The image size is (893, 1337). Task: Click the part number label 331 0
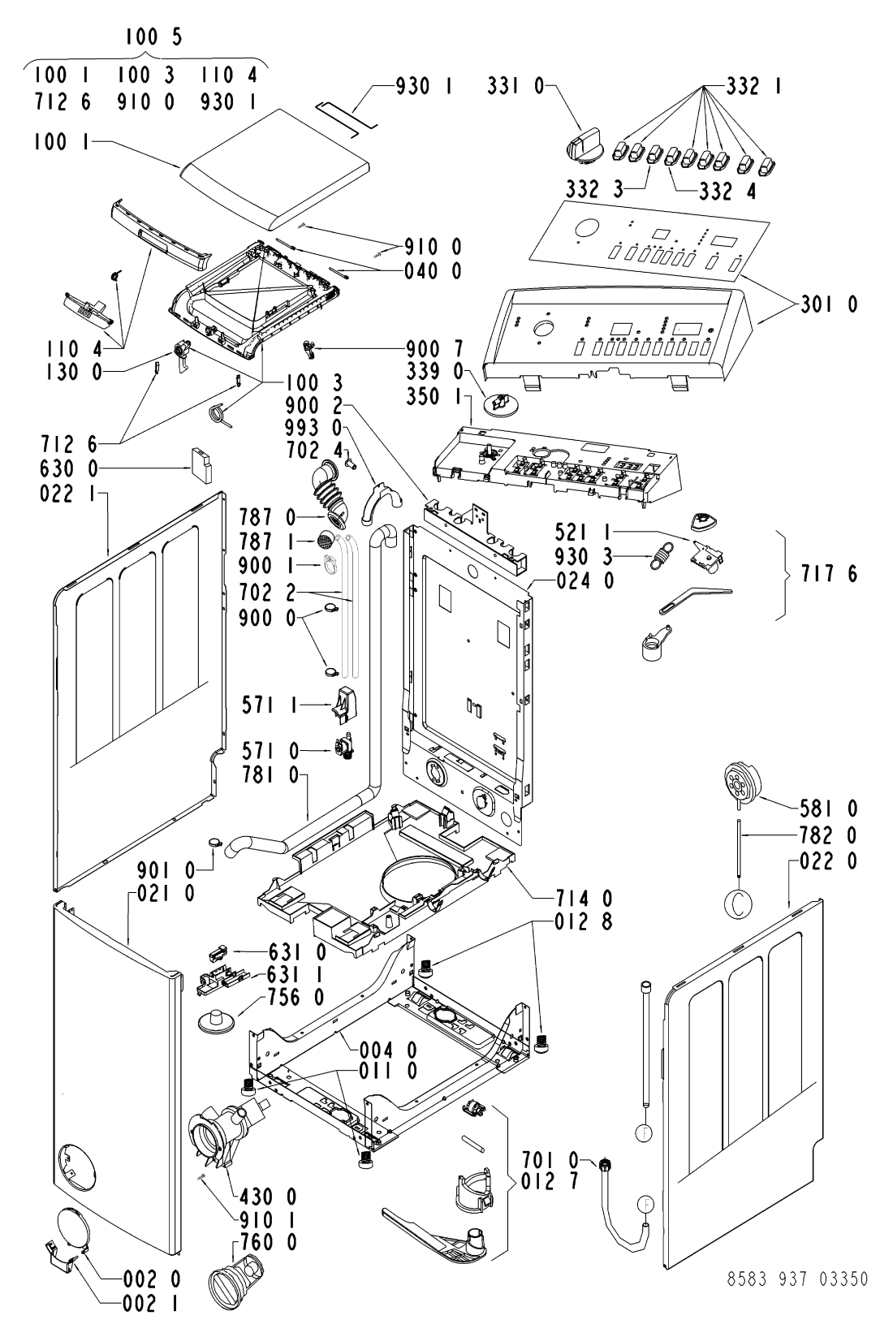[x=516, y=87]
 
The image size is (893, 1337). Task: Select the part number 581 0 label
[x=829, y=809]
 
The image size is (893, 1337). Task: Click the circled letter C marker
[x=739, y=905]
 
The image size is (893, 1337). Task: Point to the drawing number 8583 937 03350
[x=797, y=1279]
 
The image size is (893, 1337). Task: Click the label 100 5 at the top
[x=153, y=37]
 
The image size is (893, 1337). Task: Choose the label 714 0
[x=584, y=898]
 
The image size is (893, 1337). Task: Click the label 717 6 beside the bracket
[x=828, y=574]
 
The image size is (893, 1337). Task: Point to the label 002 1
[x=152, y=1305]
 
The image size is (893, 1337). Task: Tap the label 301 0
[x=829, y=304]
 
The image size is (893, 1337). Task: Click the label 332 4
[x=727, y=191]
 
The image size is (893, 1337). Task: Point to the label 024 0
[x=585, y=580]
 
